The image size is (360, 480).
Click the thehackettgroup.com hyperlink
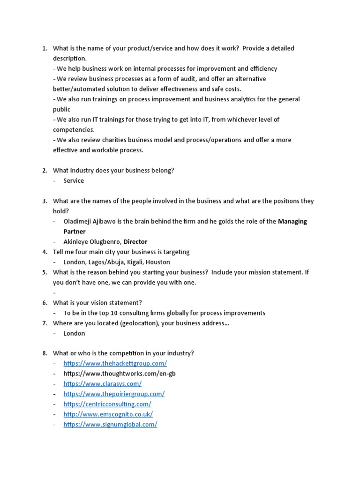(x=115, y=363)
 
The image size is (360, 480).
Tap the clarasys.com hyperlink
(x=102, y=383)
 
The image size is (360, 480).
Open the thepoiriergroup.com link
(x=114, y=394)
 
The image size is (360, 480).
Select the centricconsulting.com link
(x=107, y=404)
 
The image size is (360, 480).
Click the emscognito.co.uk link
(x=108, y=414)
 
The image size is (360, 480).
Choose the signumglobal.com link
(x=110, y=424)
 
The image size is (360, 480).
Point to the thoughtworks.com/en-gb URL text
(x=120, y=374)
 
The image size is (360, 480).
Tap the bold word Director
(x=135, y=242)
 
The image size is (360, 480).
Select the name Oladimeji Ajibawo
(x=90, y=221)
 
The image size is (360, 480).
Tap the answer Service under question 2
(x=74, y=180)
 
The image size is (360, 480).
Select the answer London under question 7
(x=74, y=333)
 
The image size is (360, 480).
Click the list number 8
(x=45, y=353)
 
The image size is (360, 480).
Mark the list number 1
(x=45, y=48)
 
